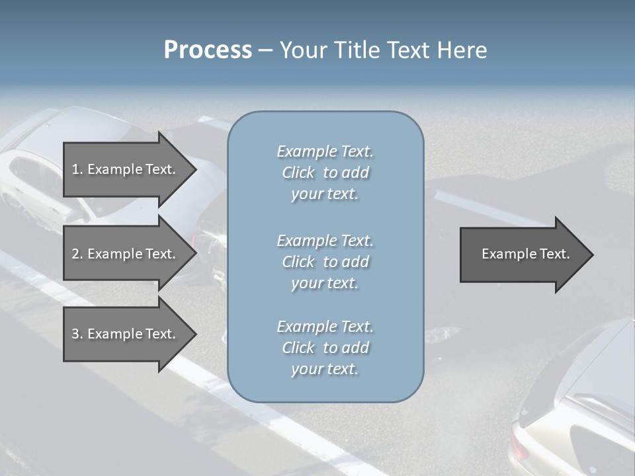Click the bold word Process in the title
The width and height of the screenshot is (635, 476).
208,50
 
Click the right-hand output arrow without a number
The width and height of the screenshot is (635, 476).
523,255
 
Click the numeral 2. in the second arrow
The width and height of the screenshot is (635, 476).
77,254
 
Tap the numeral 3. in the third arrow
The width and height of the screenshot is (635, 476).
77,334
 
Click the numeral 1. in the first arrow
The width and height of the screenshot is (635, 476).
77,169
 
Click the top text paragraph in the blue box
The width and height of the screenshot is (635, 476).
325,173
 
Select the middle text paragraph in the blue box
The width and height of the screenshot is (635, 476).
325,262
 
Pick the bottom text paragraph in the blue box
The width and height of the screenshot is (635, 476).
325,348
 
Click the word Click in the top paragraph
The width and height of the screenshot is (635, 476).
298,173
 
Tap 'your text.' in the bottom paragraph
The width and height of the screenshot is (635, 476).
325,369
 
